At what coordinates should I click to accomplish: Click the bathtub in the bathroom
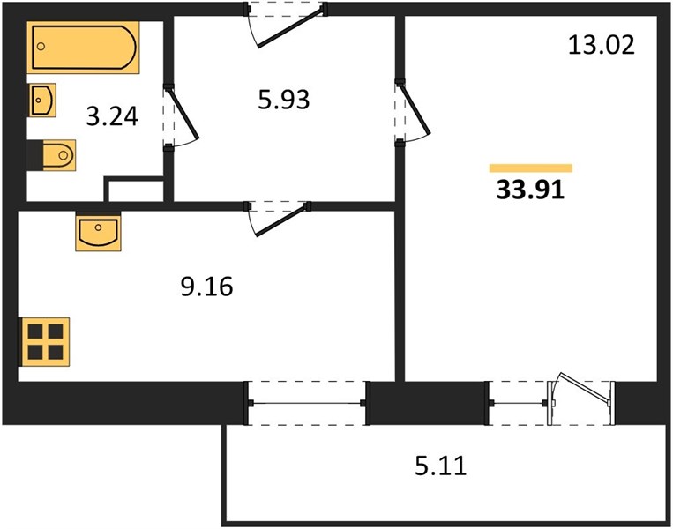pos(83,48)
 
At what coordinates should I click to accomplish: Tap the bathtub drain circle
pos(41,47)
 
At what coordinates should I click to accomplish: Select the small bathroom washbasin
pos(42,100)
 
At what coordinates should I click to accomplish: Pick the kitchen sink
pos(98,231)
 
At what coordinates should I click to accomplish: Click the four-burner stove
pos(44,342)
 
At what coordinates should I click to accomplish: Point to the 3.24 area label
pos(112,116)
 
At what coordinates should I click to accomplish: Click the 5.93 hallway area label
pos(284,100)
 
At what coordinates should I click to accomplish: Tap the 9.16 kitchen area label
pos(206,287)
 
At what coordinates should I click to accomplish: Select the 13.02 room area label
pos(602,45)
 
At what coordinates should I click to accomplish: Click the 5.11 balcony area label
pos(440,466)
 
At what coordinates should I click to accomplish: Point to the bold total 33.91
pos(530,190)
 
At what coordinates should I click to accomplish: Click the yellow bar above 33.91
pos(531,168)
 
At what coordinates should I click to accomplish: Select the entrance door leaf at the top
pos(290,28)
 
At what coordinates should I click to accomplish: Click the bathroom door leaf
pos(184,113)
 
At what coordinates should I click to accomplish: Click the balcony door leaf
pos(585,389)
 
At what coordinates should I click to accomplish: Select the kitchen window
pos(307,403)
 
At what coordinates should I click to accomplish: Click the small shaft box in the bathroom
pos(135,190)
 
